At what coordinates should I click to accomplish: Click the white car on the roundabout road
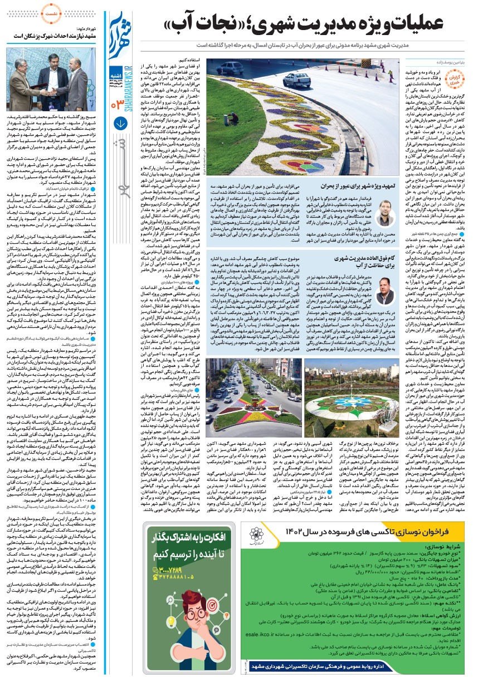[x=296, y=80]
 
